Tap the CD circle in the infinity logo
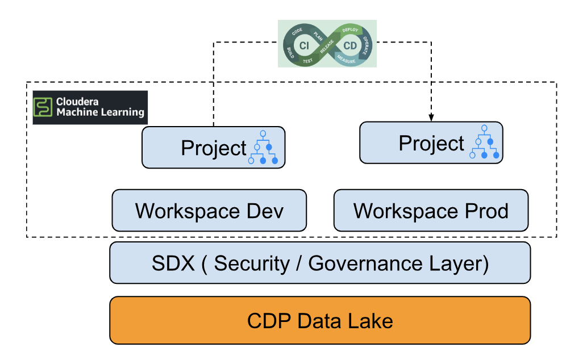click(350, 45)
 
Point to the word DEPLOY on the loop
click(350, 29)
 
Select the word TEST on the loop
click(307, 60)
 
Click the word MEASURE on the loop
click(346, 60)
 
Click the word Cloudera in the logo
click(77, 102)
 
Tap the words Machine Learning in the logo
click(100, 112)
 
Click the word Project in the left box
click(214, 148)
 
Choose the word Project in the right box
click(431, 144)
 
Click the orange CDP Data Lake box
click(320, 321)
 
